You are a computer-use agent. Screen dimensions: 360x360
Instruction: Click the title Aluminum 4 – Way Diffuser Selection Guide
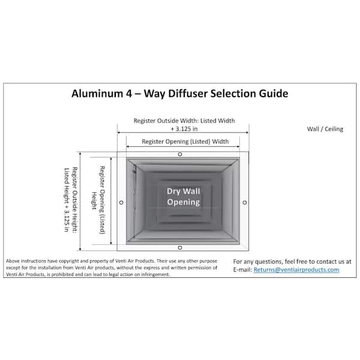coord(180,94)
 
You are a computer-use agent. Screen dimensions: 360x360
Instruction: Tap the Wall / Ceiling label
coord(325,129)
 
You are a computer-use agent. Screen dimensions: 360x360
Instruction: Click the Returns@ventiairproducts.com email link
coord(296,269)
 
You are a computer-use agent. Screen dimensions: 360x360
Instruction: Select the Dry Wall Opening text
coord(184,197)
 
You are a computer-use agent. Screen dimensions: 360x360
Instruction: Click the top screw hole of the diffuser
coord(180,154)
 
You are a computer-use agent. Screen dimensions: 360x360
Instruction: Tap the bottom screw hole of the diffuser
coord(180,247)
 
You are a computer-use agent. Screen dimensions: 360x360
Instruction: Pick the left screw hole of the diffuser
coord(121,203)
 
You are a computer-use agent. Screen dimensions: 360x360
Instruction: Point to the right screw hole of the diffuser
coord(245,203)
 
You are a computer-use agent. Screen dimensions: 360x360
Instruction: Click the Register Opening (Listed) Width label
coord(185,142)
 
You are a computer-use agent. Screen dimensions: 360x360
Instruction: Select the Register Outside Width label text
coord(184,121)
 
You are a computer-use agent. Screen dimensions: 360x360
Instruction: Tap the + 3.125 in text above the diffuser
coord(184,129)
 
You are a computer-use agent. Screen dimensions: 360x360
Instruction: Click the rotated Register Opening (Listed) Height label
coord(98,200)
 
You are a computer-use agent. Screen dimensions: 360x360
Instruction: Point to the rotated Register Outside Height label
coord(74,200)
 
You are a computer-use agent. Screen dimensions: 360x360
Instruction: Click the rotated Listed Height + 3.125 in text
coord(67,200)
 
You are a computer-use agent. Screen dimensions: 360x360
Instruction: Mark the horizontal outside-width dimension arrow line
coord(183,133)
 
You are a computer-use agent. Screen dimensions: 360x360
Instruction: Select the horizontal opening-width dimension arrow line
coord(183,146)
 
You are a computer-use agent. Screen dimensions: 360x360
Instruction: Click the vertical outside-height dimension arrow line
coord(80,202)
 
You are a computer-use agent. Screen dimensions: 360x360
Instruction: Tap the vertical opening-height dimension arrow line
coord(111,201)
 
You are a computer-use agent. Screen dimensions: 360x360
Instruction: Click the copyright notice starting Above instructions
coord(112,268)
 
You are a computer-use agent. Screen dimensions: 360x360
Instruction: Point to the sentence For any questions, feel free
coord(292,262)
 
